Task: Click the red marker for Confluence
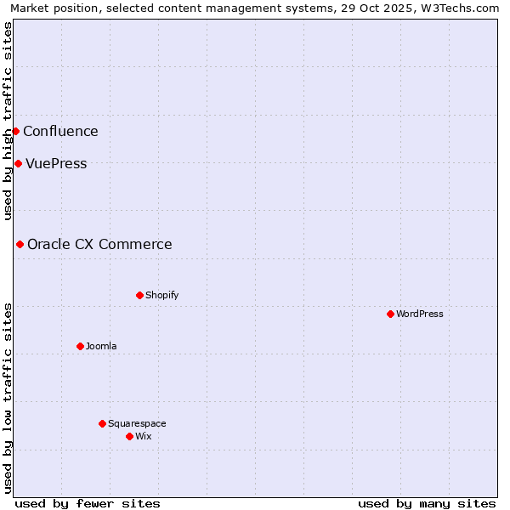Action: tap(15, 131)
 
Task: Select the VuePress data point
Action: tap(18, 163)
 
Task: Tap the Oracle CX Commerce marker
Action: tap(20, 244)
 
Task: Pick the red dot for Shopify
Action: tap(139, 295)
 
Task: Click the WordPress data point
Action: tap(390, 314)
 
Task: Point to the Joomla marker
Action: tap(80, 346)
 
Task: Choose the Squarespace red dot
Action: tap(102, 423)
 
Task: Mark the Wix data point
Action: tap(129, 436)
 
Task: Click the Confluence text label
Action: tap(60, 131)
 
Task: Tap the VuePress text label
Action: tap(56, 164)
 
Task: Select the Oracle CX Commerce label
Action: tap(99, 245)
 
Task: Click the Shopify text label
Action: tap(161, 295)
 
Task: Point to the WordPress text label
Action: tap(420, 314)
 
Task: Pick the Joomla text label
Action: tap(101, 346)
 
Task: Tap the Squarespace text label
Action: tap(137, 423)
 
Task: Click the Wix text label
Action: tap(144, 436)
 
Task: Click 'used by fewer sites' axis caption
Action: tap(88, 503)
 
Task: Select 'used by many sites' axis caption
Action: tap(427, 503)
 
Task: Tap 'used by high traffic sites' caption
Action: tap(8, 121)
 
